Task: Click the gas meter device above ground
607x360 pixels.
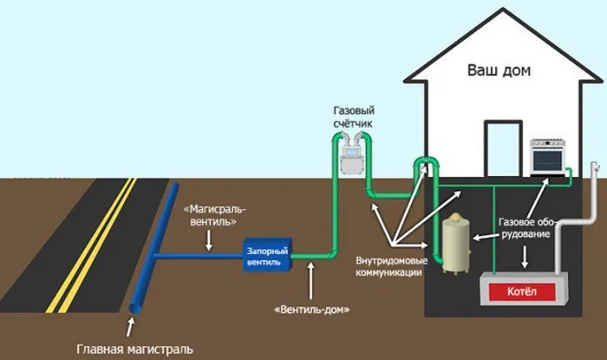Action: click(x=349, y=158)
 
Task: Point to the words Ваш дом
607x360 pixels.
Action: click(x=499, y=69)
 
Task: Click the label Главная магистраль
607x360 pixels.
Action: click(x=135, y=350)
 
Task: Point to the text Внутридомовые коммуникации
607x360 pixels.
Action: click(x=388, y=265)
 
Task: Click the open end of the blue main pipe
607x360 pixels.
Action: click(x=135, y=310)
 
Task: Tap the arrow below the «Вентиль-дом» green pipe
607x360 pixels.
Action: click(x=309, y=278)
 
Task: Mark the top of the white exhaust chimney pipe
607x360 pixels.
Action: click(x=596, y=167)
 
